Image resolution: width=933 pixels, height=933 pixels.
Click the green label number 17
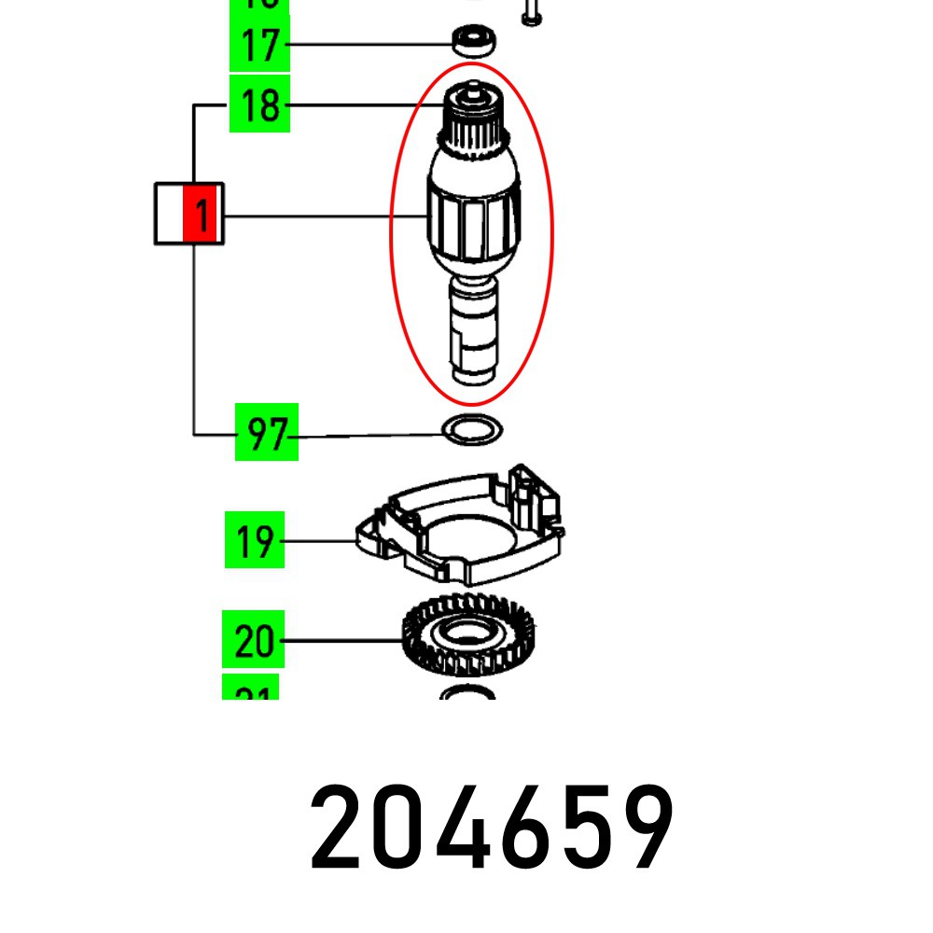coord(260,46)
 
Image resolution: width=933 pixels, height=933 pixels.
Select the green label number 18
coord(260,105)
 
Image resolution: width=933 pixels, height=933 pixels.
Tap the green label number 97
coord(266,433)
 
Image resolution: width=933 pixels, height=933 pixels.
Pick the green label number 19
coord(255,540)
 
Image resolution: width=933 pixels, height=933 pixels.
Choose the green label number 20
coord(253,641)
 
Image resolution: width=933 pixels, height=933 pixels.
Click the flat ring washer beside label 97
coord(471,431)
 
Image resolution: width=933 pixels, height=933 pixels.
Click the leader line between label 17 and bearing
coord(369,44)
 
